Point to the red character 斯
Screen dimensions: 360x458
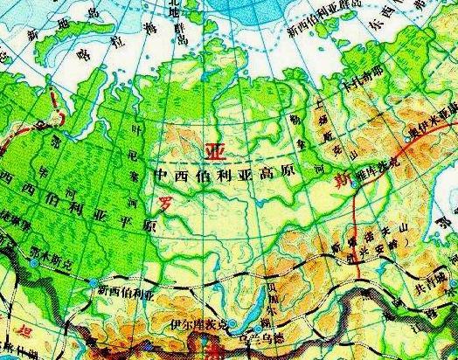pyautogui.click(x=343, y=183)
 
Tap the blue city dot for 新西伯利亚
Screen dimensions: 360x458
pyautogui.click(x=94, y=280)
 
